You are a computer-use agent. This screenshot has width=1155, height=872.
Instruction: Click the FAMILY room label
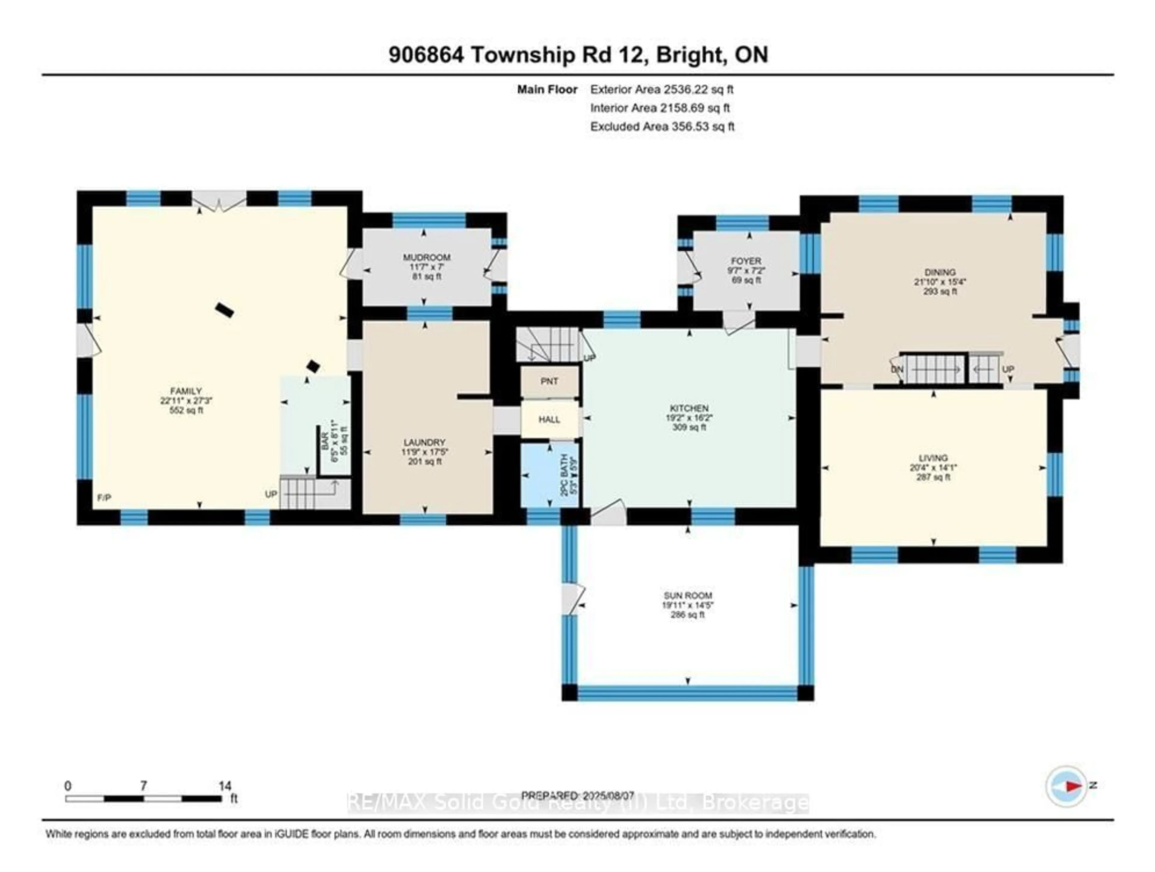point(186,391)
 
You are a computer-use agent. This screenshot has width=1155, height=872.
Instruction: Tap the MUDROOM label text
point(426,257)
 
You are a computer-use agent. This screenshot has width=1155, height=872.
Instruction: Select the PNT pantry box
point(549,382)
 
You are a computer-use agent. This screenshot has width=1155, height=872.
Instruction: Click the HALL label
point(549,419)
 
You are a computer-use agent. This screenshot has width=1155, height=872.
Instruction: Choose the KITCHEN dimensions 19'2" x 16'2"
point(689,418)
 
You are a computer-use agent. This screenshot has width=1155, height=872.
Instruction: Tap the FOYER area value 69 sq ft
point(746,280)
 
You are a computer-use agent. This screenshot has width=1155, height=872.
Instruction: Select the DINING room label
point(940,272)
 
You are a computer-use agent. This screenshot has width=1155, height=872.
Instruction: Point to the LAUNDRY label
point(424,442)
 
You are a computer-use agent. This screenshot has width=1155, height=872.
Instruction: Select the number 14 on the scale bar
point(225,786)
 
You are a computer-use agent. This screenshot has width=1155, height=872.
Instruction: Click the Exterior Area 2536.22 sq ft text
point(661,89)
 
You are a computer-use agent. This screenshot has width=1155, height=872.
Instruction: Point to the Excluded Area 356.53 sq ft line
point(662,126)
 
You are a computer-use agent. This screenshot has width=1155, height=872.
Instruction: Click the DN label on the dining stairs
point(897,370)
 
